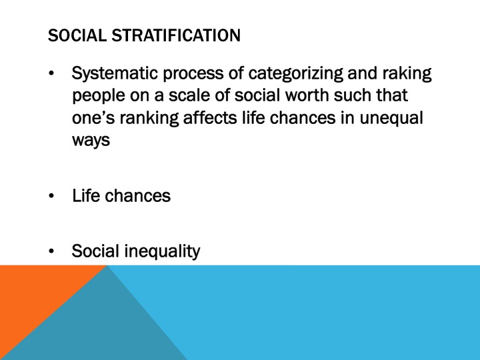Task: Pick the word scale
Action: click(165, 95)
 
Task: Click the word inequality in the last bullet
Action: click(161, 251)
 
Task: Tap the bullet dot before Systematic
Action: click(52, 73)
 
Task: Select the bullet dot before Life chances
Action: click(52, 197)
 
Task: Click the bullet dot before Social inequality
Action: click(52, 252)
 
